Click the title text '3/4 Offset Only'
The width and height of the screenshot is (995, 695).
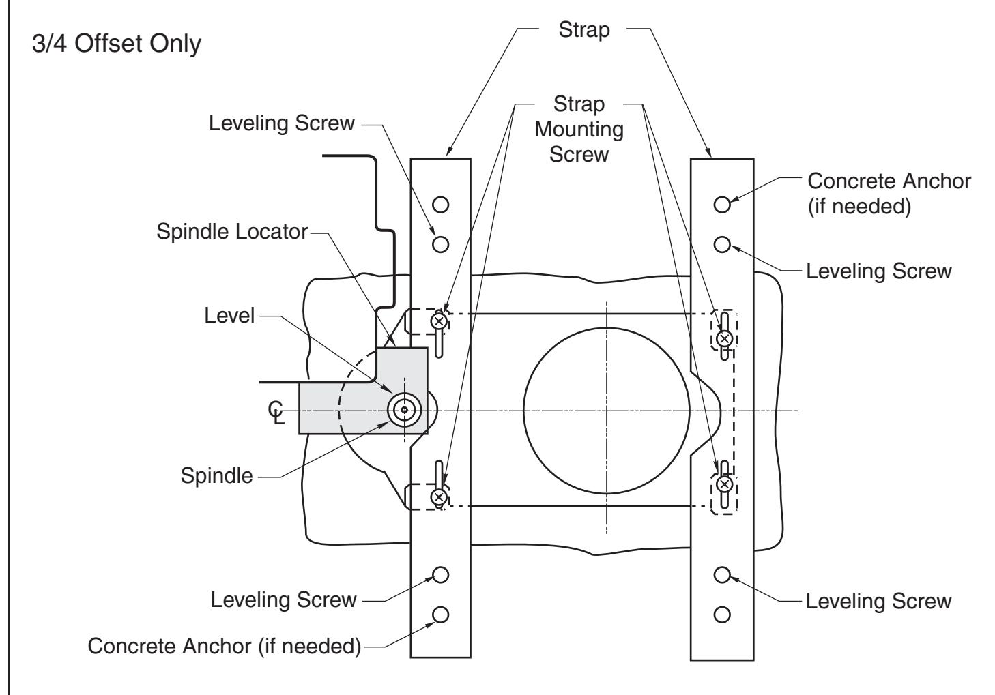point(117,44)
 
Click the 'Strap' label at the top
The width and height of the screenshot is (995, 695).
point(583,31)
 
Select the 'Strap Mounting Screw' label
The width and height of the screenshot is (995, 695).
point(579,129)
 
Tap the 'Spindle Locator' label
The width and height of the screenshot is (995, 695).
point(232,232)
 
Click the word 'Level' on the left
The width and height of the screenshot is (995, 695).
point(229,316)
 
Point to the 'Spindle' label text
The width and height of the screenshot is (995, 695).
point(216,476)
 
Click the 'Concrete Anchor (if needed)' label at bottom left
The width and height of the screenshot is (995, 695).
point(225,646)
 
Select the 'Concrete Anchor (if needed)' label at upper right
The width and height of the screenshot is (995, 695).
point(889,194)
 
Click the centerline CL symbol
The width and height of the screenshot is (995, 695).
point(276,413)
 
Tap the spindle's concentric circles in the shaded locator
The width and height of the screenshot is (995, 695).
point(404,410)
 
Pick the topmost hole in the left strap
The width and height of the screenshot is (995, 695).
point(440,205)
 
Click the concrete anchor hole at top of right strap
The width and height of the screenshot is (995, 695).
point(722,205)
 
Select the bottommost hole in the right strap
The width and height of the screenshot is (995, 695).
point(722,615)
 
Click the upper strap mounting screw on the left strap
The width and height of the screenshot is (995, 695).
point(439,321)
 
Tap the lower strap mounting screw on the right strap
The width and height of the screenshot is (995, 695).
point(725,484)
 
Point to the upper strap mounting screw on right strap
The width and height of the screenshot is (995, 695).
point(725,338)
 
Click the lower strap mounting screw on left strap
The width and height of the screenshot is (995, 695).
point(439,497)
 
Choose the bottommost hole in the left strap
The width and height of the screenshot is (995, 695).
point(440,615)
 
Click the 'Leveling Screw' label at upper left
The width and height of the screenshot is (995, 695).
point(282,123)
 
